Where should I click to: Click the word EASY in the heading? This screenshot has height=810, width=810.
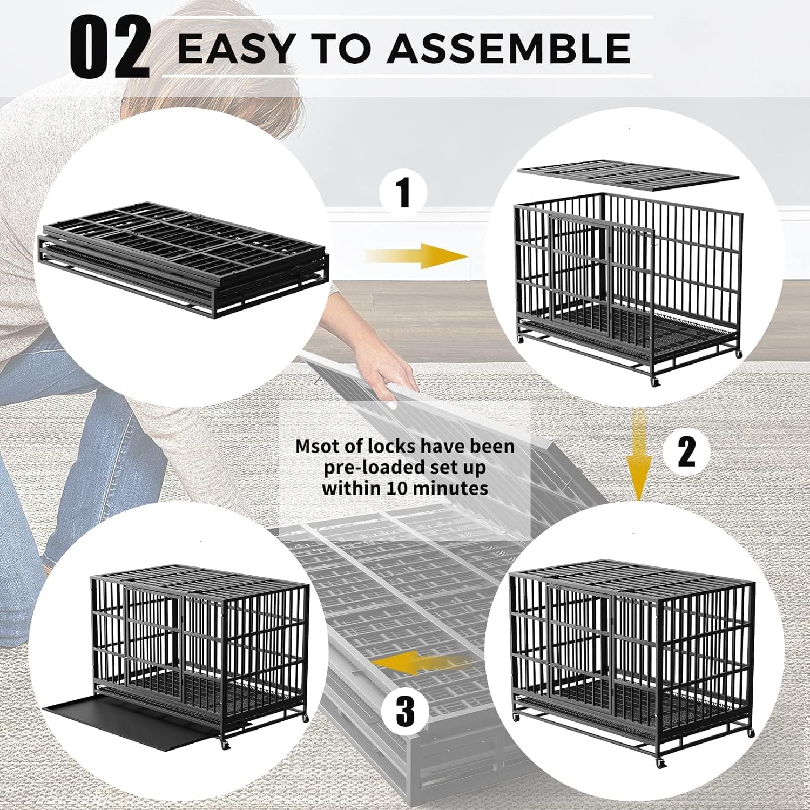point(234,48)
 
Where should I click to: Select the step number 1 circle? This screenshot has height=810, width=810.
point(403,193)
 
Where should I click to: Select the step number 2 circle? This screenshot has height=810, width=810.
point(686,452)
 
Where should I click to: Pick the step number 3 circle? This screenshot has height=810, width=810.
point(404,711)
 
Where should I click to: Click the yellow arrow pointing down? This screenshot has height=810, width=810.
point(639,454)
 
